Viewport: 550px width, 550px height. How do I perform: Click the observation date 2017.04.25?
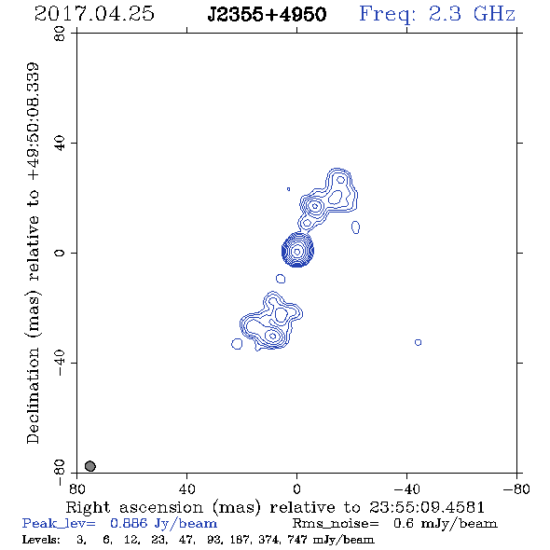(x=94, y=14)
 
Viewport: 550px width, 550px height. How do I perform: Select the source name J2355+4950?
(x=267, y=15)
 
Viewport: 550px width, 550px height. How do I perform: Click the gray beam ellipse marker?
(x=90, y=466)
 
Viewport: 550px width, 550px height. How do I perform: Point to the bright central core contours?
(x=297, y=250)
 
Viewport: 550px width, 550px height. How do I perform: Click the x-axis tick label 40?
(x=186, y=489)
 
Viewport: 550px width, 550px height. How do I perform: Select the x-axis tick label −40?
(x=406, y=489)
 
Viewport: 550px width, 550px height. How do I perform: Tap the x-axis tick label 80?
(x=76, y=489)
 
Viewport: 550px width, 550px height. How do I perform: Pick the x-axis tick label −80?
(x=516, y=489)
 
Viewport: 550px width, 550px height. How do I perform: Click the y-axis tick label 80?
(x=60, y=34)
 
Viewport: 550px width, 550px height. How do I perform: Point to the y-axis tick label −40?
(x=60, y=363)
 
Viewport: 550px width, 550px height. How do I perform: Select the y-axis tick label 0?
(x=60, y=253)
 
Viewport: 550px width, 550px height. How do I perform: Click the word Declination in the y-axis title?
(x=33, y=395)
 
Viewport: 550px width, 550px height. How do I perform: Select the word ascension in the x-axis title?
(x=161, y=507)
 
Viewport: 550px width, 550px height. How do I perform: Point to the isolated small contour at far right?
(x=418, y=342)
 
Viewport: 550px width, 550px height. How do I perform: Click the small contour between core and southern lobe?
(x=281, y=279)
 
